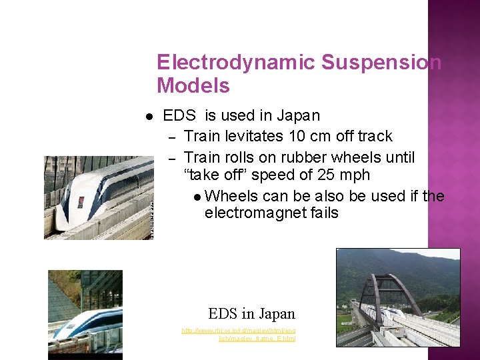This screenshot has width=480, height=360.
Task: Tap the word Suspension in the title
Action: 381,63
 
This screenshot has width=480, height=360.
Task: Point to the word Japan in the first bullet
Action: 299,115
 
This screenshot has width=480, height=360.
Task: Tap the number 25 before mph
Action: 331,175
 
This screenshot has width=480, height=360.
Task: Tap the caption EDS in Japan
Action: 251,313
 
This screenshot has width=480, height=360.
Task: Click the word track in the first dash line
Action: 375,136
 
